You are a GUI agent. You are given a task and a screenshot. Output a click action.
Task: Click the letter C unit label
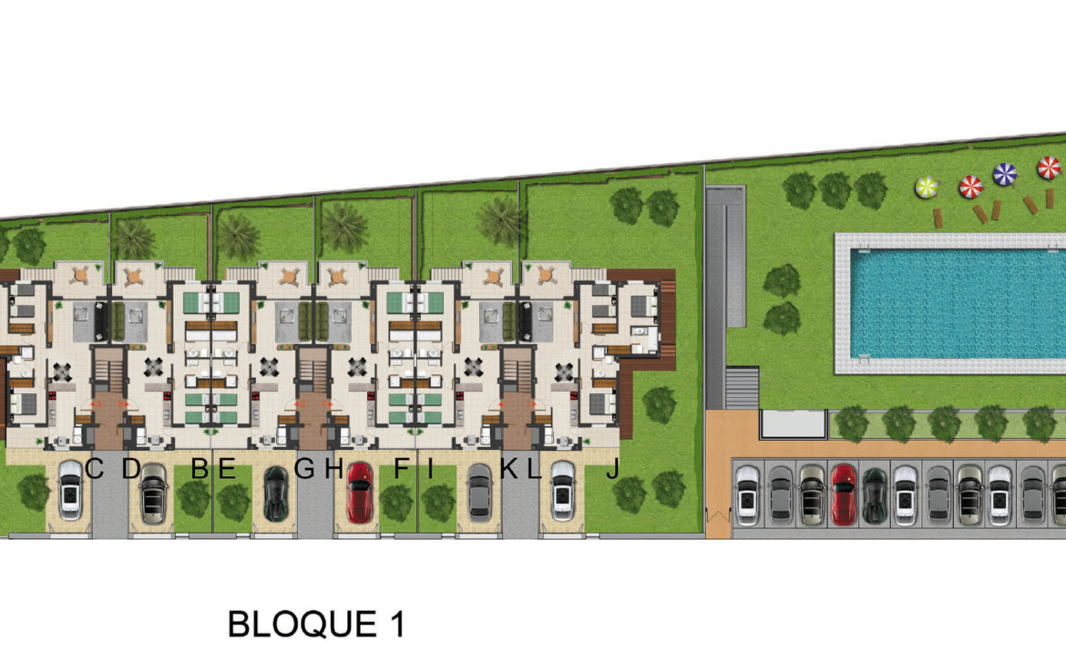tap(95, 469)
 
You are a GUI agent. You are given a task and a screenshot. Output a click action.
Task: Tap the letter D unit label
tap(131, 469)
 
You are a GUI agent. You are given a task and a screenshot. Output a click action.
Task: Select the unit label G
tap(304, 469)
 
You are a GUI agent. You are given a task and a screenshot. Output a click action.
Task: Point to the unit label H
tap(333, 469)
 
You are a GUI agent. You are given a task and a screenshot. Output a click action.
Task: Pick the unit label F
tap(402, 469)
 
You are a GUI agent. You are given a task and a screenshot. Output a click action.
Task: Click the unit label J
tap(612, 469)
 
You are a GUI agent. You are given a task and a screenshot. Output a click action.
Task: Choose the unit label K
tap(510, 469)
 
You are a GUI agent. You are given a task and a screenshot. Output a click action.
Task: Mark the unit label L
tap(534, 469)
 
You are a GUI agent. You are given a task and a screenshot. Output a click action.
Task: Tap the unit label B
tap(200, 469)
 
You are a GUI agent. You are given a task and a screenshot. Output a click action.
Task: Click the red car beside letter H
tap(360, 493)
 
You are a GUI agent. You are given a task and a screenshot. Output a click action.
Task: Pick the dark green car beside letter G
tap(275, 494)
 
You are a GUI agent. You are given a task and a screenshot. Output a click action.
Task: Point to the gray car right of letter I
tap(480, 494)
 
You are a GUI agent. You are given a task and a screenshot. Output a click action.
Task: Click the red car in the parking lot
tap(844, 494)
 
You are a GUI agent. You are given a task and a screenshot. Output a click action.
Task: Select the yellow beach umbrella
tap(927, 188)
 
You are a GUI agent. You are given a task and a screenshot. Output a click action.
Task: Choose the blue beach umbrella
tap(1005, 175)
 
